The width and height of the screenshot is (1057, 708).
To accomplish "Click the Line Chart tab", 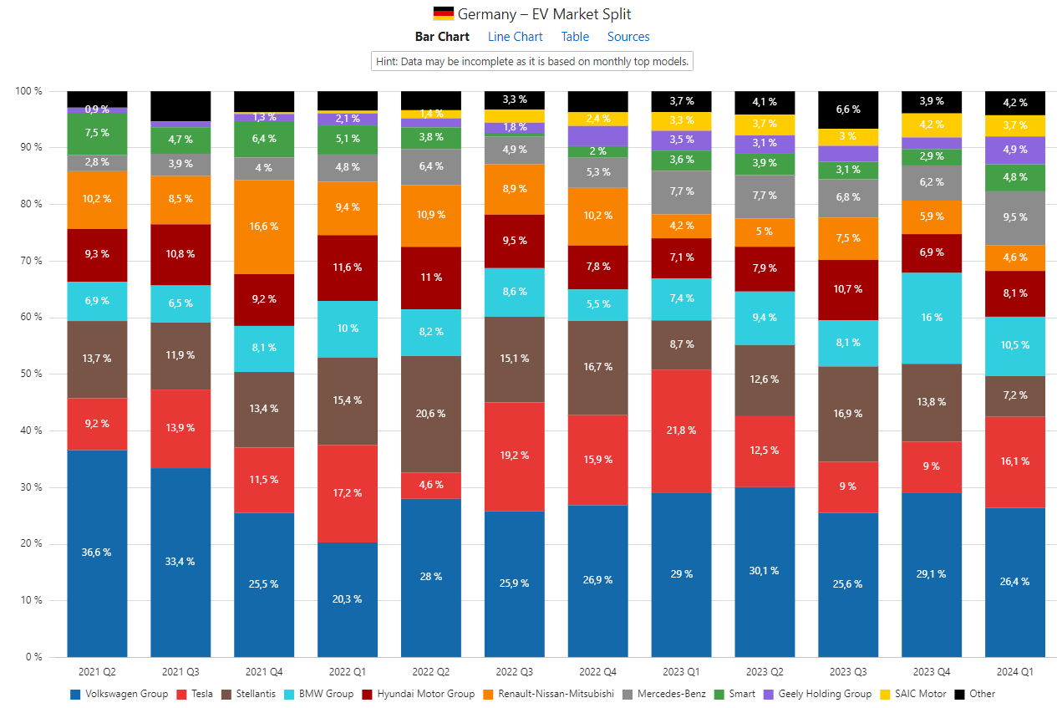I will (x=515, y=37).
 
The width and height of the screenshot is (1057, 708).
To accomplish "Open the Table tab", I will (x=575, y=37).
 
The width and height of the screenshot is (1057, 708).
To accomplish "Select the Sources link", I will (x=628, y=37).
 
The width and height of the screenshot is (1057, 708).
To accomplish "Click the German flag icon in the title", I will (x=443, y=13).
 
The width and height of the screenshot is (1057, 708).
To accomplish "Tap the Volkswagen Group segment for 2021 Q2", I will (x=97, y=553).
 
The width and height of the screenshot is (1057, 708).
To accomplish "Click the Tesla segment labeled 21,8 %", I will (x=681, y=430).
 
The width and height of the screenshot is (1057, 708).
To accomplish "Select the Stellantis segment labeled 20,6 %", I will (x=430, y=414).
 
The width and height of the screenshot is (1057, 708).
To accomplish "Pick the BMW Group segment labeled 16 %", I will (x=932, y=318).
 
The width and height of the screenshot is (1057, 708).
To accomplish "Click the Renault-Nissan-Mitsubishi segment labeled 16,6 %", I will (x=263, y=227).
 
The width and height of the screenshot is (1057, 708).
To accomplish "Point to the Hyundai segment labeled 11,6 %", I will (x=347, y=267).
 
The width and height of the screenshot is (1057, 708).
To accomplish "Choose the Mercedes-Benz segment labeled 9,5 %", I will (x=1015, y=217).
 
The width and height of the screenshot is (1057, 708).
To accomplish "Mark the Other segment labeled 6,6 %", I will (x=848, y=110).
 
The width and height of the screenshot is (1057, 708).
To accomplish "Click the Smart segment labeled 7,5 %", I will (x=97, y=133).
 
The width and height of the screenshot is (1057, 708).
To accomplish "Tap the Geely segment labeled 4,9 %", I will (x=1015, y=150).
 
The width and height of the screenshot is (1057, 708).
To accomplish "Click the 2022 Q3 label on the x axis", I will (x=514, y=671).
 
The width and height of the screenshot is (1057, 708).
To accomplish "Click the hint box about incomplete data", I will (x=532, y=62).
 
